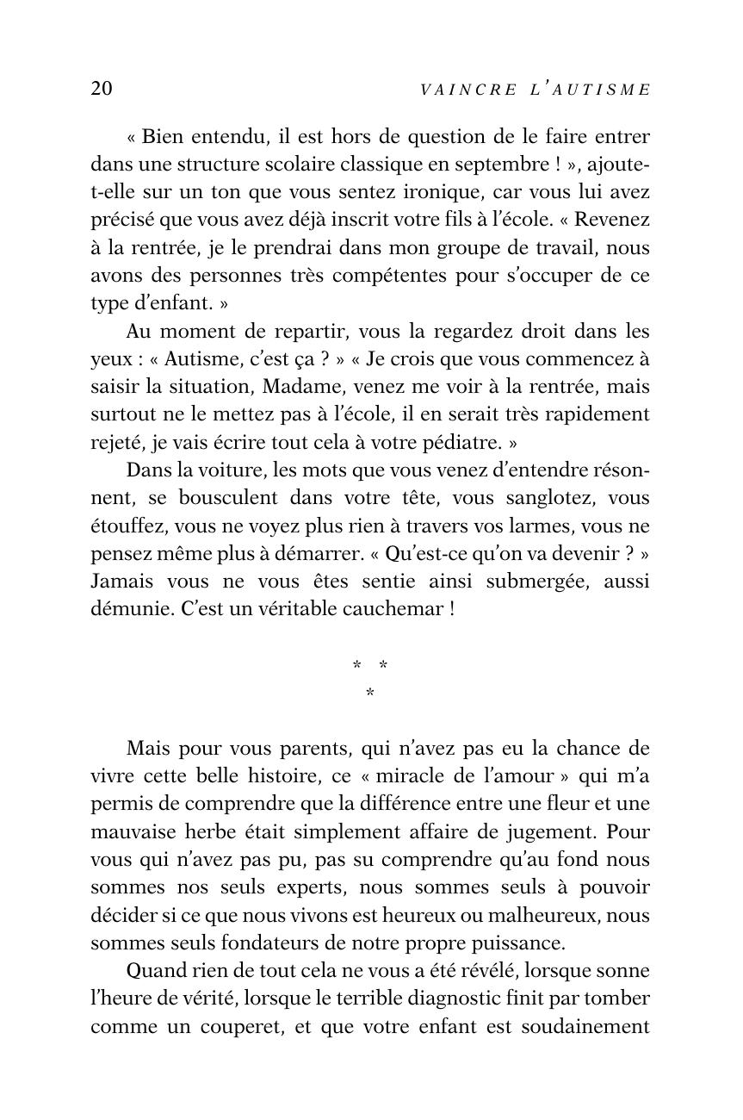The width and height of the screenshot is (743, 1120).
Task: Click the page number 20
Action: coord(102,89)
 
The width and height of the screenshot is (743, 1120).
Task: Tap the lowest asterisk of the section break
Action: coord(370,693)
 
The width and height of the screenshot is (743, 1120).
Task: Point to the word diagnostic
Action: coord(438,999)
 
